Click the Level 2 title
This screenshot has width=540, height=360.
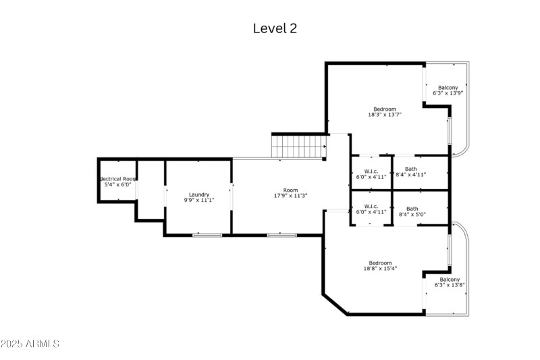(275, 28)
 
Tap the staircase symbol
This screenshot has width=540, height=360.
(298, 145)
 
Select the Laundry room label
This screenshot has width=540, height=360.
(198, 195)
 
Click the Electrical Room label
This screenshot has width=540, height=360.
(118, 179)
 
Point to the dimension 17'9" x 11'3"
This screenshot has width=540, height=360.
(290, 197)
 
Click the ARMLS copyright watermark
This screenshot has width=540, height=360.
(30, 344)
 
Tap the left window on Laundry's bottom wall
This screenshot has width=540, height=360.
(207, 235)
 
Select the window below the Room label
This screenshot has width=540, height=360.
(281, 235)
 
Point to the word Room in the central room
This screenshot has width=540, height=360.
(290, 190)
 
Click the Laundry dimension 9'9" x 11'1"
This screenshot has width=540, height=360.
(198, 200)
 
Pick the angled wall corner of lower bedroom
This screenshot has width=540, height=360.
(335, 304)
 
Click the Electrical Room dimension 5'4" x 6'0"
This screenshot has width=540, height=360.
(117, 184)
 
